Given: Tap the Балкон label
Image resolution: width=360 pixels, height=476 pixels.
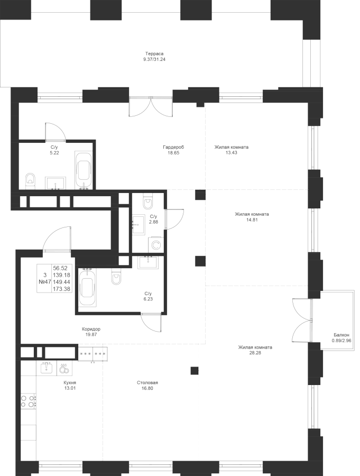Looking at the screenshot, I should (341, 334).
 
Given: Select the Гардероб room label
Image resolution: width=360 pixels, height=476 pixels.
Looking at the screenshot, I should (173, 147).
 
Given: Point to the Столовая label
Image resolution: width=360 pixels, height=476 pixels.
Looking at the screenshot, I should (147, 382).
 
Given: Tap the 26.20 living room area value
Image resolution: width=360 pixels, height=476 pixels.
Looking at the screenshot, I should (255, 353).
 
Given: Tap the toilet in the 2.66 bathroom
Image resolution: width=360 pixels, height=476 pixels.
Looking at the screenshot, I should (147, 200).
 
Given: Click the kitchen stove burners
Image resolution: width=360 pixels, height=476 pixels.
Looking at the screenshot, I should (28, 402).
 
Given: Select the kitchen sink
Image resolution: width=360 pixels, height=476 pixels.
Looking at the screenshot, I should (48, 367).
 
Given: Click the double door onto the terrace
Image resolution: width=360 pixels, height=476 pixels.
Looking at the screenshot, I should (150, 108).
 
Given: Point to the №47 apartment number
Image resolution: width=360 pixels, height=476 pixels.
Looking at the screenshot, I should (44, 282).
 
